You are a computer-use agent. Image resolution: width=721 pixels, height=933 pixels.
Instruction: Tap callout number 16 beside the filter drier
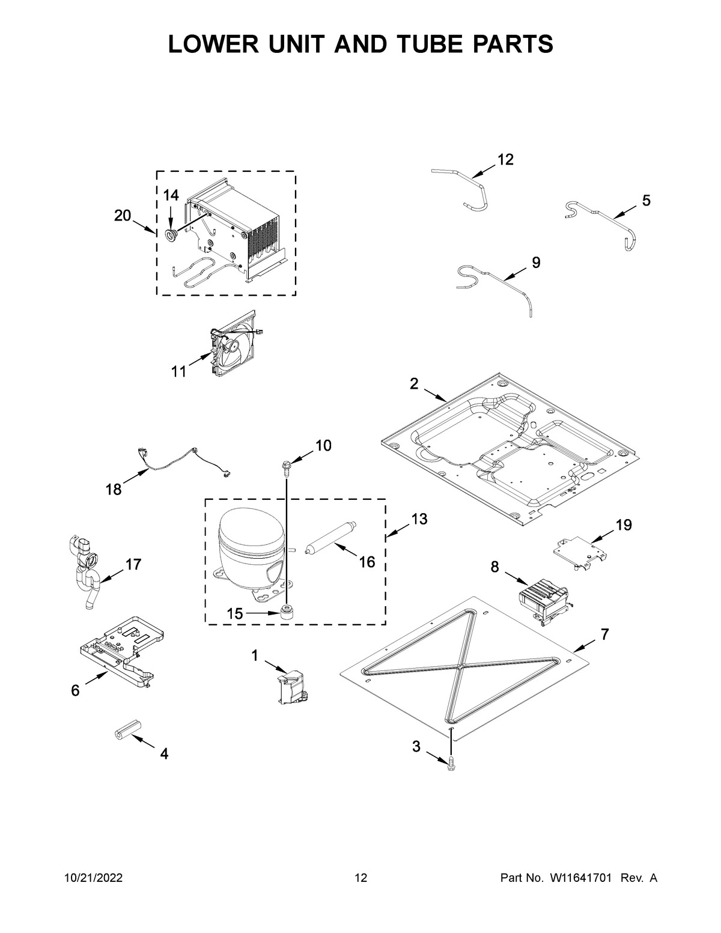pyautogui.click(x=367, y=562)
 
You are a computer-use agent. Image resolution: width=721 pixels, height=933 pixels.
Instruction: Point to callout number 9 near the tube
pyautogui.click(x=536, y=262)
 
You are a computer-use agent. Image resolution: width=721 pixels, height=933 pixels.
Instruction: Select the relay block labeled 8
pyautogui.click(x=542, y=599)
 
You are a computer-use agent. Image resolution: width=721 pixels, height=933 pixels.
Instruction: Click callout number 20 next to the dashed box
pyautogui.click(x=123, y=216)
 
